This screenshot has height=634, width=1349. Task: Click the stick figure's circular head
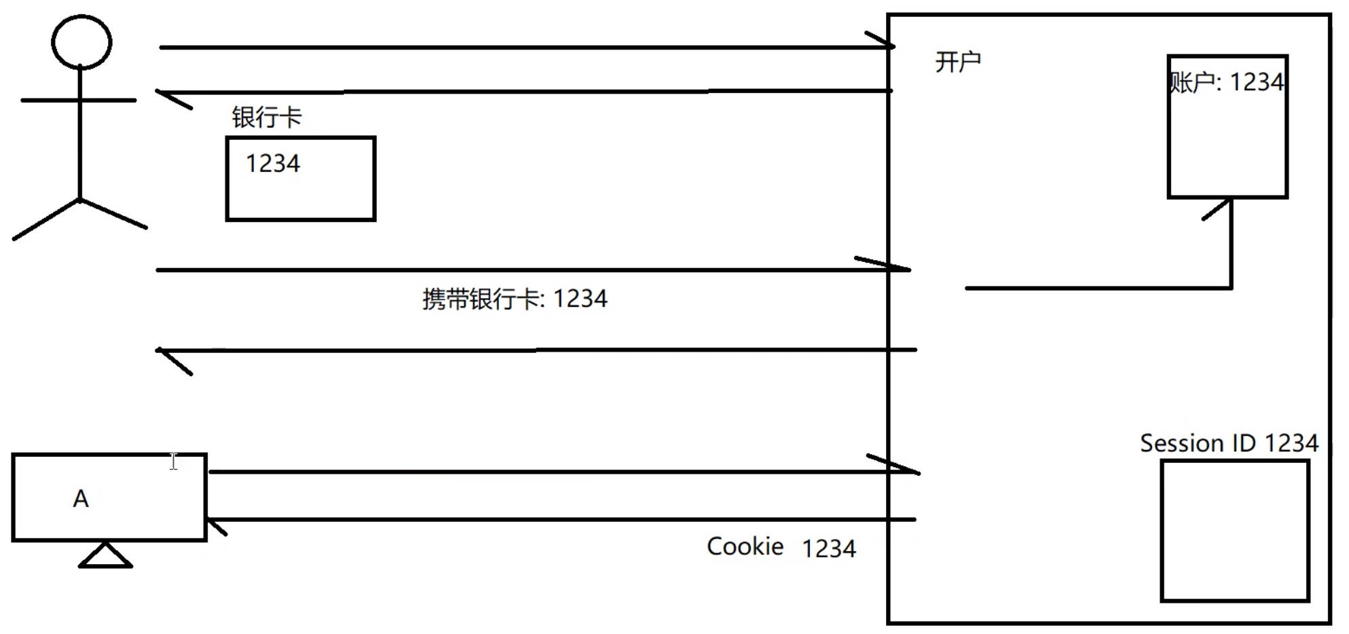tap(81, 42)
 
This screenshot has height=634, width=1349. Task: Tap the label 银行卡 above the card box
tap(266, 117)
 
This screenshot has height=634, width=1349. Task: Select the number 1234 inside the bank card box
tap(272, 164)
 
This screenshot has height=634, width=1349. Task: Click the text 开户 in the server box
tap(957, 62)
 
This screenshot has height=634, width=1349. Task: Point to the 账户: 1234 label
tap(1226, 83)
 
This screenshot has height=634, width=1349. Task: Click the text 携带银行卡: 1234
tap(515, 299)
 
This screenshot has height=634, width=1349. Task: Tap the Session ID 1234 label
tap(1229, 443)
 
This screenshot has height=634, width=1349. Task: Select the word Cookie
tap(745, 546)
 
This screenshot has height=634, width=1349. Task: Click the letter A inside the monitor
tap(81, 499)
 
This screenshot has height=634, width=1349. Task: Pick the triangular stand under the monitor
tap(105, 556)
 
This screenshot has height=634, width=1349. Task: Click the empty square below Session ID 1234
tap(1234, 531)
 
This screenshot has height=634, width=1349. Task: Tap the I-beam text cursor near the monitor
tap(174, 462)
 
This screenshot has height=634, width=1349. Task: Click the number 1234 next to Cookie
tap(828, 548)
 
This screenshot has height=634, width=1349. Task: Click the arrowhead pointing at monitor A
tap(216, 525)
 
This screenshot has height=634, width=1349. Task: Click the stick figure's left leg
tap(46, 219)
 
